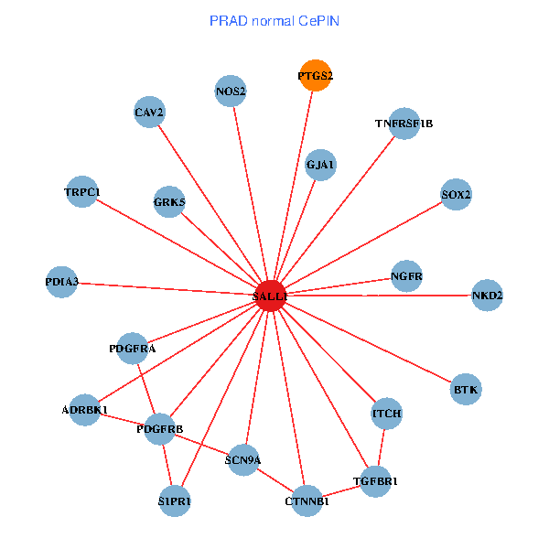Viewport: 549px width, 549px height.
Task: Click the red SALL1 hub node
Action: (x=270, y=296)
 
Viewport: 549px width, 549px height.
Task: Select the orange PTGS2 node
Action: (x=315, y=76)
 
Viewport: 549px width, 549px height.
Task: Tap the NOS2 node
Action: (x=231, y=91)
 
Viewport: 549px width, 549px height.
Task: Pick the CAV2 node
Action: (x=149, y=113)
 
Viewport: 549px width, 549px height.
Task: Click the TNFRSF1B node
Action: (x=404, y=123)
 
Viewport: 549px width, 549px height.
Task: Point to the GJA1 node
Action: (x=320, y=166)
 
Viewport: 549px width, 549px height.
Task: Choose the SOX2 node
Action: (x=456, y=195)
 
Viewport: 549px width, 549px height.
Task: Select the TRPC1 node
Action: (x=82, y=192)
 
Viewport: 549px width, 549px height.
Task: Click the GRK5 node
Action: (x=169, y=201)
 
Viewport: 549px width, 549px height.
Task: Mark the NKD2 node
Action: (x=487, y=296)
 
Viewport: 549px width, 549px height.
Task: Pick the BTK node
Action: (x=466, y=390)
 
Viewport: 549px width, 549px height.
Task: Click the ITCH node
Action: (x=386, y=414)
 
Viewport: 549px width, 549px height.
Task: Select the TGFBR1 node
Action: (x=375, y=480)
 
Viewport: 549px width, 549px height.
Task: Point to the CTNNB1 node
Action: (x=307, y=501)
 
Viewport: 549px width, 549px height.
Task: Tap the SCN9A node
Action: (x=242, y=459)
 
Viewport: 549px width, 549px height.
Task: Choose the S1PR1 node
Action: (x=175, y=501)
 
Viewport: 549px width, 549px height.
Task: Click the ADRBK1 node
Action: (x=85, y=409)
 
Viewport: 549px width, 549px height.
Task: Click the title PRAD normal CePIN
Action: (x=274, y=20)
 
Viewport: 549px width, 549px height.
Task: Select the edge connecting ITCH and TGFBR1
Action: (x=381, y=447)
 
